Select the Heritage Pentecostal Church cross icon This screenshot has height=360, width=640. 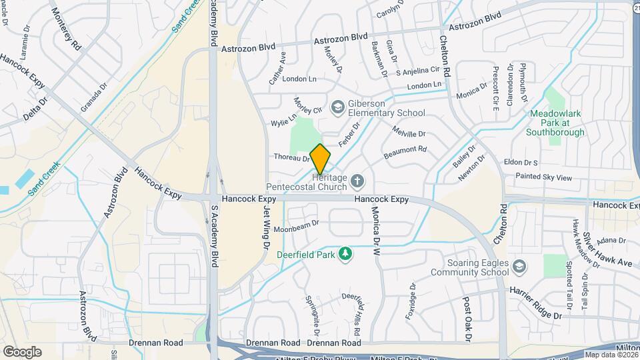pos(358,180)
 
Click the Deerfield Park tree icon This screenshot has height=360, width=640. pos(345,253)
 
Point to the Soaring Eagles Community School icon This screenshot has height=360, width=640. pos(519,267)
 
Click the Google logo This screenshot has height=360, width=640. pos(22,351)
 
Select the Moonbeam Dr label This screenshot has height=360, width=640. pos(297,226)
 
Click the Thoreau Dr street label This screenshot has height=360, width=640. pos(291,158)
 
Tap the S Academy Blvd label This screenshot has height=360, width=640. pos(215,236)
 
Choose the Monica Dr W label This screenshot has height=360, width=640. pos(375,232)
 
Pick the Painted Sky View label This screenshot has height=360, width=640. pos(543,177)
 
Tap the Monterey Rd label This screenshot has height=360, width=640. pos(66,30)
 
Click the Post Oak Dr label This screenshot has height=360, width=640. pos(467,320)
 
